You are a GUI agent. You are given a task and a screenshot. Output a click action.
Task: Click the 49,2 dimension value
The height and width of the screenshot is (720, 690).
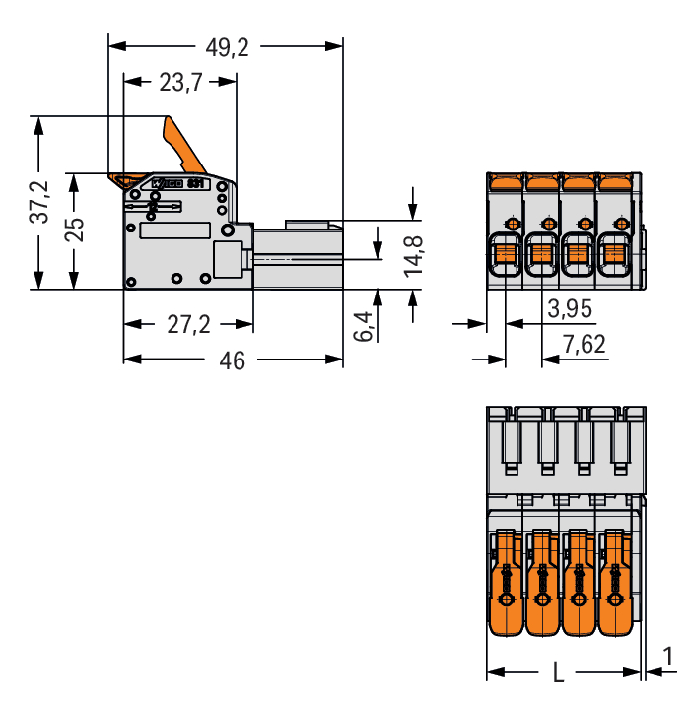pyautogui.click(x=227, y=46)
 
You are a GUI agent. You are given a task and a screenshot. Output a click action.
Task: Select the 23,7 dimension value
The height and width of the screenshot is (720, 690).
pyautogui.click(x=179, y=83)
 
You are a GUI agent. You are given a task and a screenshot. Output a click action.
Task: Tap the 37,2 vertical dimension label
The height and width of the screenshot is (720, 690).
pyautogui.click(x=39, y=203)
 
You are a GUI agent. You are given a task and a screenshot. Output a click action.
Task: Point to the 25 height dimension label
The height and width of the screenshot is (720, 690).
pyautogui.click(x=74, y=229)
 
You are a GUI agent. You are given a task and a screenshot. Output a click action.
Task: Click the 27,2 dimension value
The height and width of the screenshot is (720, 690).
pyautogui.click(x=187, y=324)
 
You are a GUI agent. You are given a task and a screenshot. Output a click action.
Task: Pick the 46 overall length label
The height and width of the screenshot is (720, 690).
pyautogui.click(x=233, y=361)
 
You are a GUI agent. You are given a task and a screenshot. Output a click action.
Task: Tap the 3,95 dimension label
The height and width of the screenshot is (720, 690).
pyautogui.click(x=569, y=309)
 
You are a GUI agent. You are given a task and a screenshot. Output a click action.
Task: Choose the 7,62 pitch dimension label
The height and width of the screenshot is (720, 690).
pyautogui.click(x=584, y=345)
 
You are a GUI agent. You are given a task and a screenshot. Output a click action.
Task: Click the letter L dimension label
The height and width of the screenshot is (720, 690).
pyautogui.click(x=559, y=674)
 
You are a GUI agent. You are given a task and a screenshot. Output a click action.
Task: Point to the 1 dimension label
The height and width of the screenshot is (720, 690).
pyautogui.click(x=669, y=656)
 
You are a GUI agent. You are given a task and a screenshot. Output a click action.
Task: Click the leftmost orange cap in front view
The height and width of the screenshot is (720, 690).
pyautogui.click(x=506, y=181)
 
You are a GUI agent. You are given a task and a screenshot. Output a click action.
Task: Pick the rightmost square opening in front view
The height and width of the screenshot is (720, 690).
pyautogui.click(x=615, y=255)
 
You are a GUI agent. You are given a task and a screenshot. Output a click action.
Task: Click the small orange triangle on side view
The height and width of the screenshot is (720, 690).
pyautogui.click(x=125, y=180)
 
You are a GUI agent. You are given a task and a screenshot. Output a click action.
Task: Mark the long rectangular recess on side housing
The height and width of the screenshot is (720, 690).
pyautogui.click(x=174, y=231)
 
